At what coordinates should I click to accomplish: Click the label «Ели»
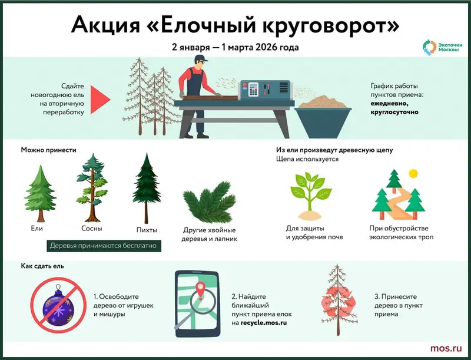pos(38,227)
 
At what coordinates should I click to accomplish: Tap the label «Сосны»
pos(92,228)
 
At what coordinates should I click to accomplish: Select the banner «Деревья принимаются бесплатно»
pos(103,245)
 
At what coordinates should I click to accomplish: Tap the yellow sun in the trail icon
pos(413,173)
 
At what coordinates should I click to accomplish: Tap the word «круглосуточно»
pos(394,111)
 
